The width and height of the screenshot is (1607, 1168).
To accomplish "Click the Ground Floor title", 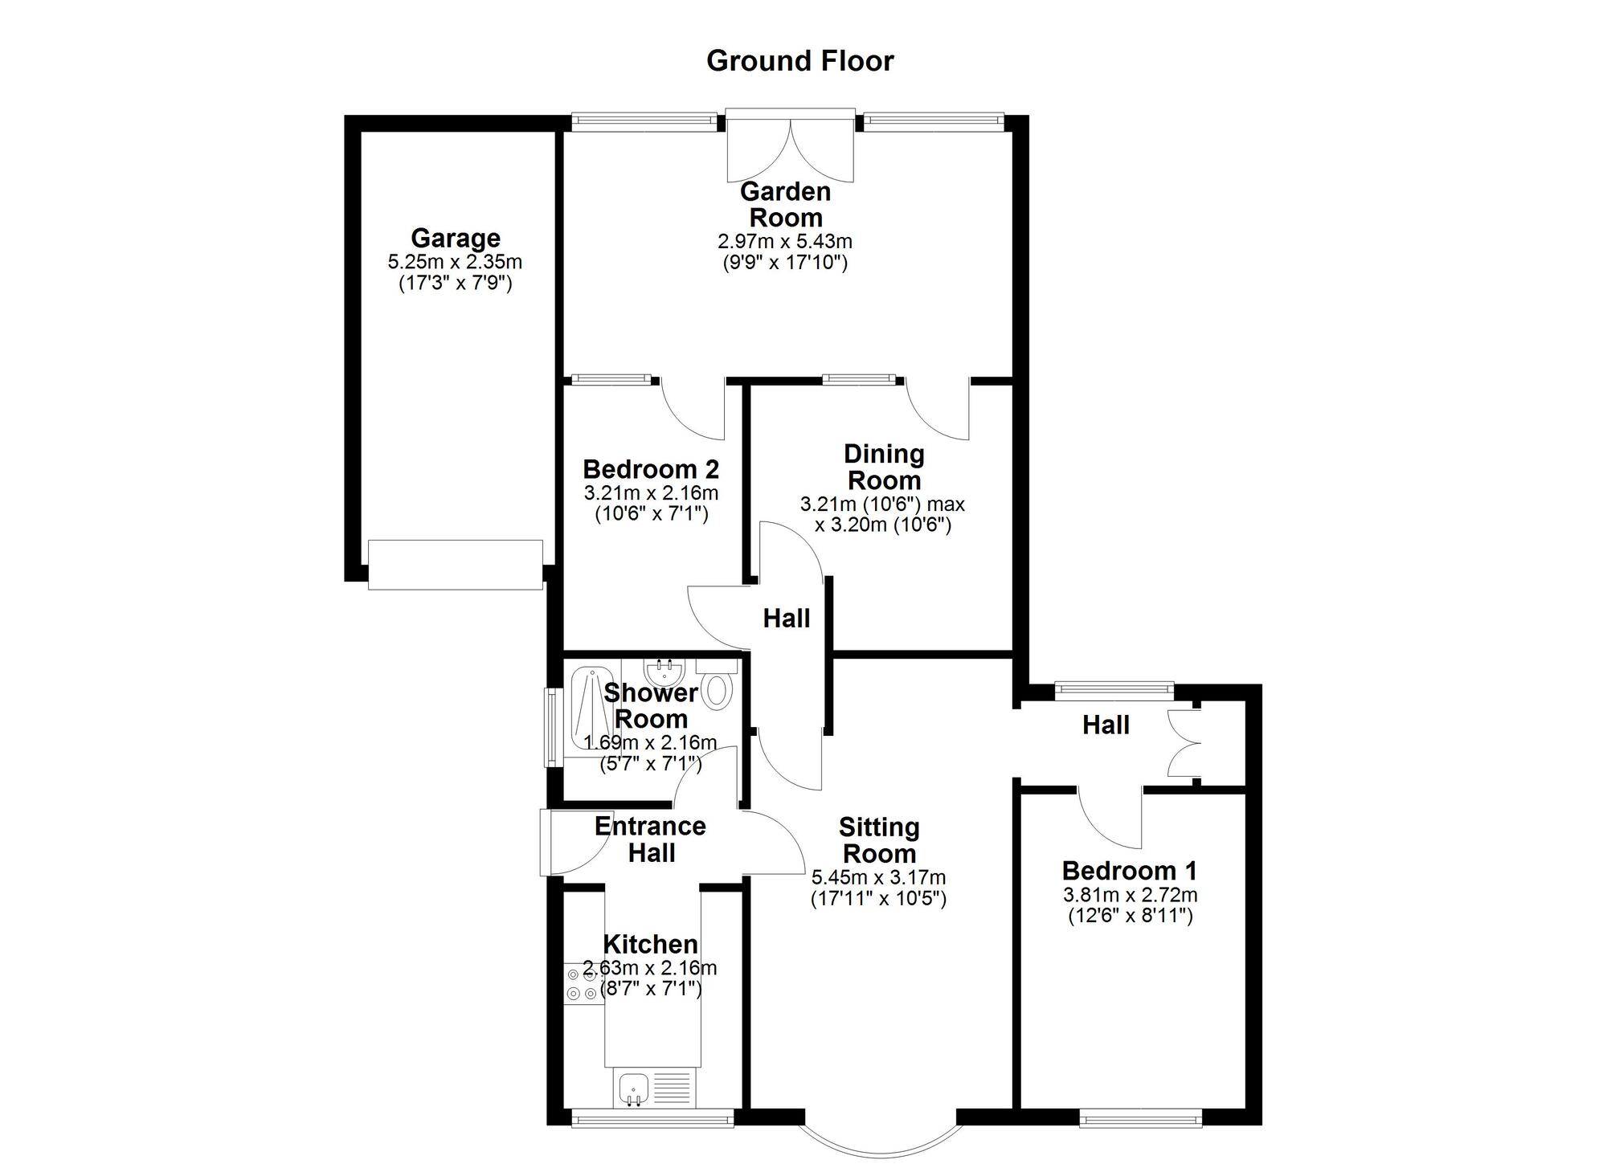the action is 799,61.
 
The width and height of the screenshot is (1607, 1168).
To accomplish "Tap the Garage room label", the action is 456,238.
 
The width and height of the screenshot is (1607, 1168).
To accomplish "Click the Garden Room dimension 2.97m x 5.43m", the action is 785,241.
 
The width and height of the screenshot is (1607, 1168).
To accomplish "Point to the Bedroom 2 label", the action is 651,469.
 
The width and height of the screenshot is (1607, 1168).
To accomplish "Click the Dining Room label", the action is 884,468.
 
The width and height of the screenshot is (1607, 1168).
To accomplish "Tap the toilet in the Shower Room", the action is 716,685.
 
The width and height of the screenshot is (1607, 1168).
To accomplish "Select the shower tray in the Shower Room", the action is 591,711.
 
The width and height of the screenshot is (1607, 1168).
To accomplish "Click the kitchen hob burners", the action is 584,983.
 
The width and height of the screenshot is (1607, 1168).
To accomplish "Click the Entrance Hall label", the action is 651,839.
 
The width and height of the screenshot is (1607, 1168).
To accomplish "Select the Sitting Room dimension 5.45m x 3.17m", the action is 879,878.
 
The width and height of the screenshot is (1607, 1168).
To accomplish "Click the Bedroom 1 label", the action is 1130,871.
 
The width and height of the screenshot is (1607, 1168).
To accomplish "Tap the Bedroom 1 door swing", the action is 1109,819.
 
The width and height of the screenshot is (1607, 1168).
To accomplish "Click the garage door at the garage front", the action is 456,565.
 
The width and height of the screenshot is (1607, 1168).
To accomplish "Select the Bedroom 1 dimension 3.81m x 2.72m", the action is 1130,895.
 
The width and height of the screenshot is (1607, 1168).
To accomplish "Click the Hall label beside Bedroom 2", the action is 787,619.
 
